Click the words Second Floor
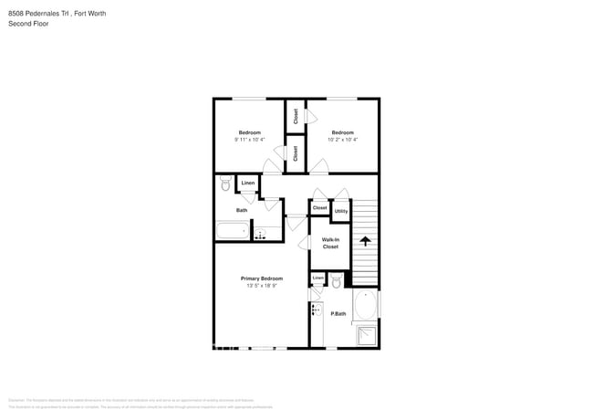(x=28, y=24)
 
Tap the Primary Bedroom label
(x=262, y=278)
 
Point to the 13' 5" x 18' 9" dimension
(x=262, y=286)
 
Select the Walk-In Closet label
(x=330, y=243)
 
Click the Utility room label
(x=340, y=211)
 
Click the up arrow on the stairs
(x=365, y=241)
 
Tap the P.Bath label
(x=338, y=314)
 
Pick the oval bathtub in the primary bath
(x=365, y=306)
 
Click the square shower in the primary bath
(x=365, y=335)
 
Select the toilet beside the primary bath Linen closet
(x=336, y=281)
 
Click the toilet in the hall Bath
(x=225, y=184)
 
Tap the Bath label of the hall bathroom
(x=242, y=210)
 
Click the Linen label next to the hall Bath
(x=248, y=184)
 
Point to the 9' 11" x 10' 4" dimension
(x=250, y=140)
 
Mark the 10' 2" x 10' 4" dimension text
(x=343, y=140)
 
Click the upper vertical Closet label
(x=296, y=115)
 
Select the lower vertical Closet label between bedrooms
(x=296, y=152)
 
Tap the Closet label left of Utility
(x=319, y=208)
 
